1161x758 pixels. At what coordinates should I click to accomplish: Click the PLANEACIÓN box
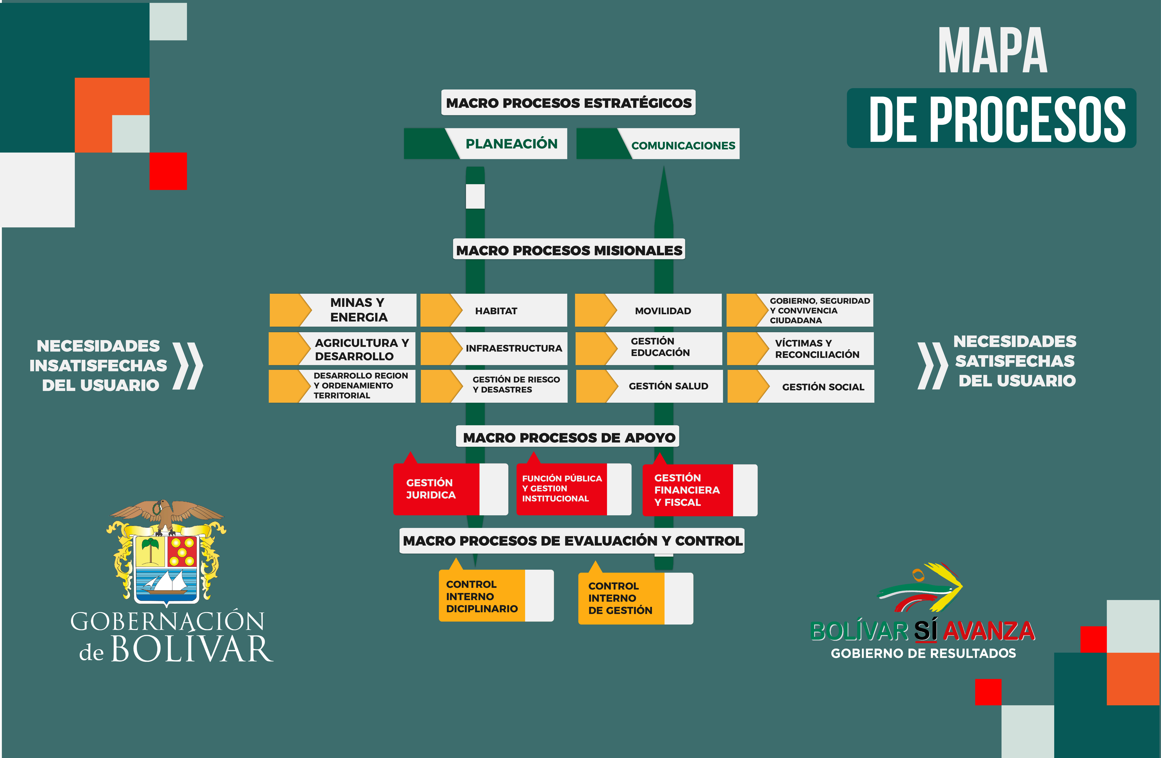(485, 144)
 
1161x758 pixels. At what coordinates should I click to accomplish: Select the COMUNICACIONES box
(658, 144)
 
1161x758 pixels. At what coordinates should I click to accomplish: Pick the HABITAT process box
(494, 310)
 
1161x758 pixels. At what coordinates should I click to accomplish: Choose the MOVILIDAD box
(648, 310)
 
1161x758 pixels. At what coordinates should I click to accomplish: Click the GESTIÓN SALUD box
(649, 386)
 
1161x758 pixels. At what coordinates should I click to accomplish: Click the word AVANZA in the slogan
(989, 631)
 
